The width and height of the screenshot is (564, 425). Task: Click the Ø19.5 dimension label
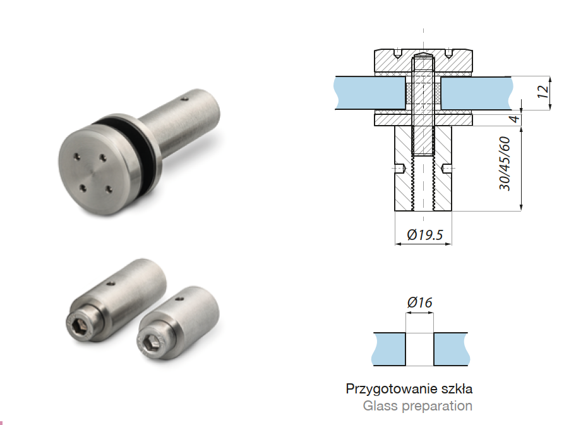[x=425, y=235]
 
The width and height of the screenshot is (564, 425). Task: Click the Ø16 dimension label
[x=419, y=303]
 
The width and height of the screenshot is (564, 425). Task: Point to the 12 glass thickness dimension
[x=543, y=92]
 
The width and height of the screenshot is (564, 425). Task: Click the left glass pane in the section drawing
[x=370, y=93]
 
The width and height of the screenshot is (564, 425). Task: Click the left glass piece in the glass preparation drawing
[x=389, y=349]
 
